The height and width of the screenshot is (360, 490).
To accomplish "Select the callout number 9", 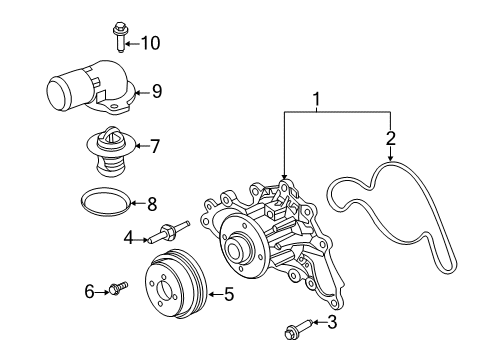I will pos(156,91).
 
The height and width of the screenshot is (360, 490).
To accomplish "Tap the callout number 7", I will pos(154,146).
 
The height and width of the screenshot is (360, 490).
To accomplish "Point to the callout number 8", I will pos(152,204).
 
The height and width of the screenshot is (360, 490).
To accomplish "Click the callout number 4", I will pos(129,238).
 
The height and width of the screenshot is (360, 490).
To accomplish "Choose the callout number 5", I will pos(229,294).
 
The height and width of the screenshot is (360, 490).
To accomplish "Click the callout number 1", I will pos(318,100).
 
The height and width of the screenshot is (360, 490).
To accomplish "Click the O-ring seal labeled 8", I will pos(105,202).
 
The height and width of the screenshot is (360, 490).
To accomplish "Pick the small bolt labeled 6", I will pos(118,289).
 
